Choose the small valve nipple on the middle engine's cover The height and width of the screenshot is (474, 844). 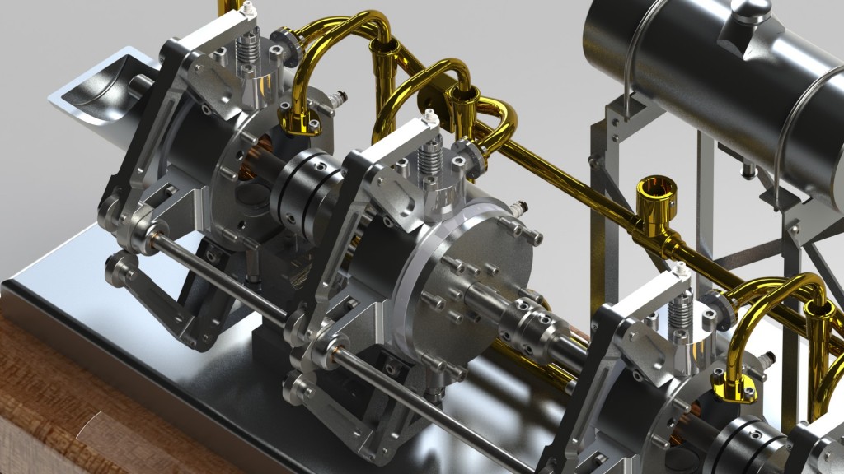[518, 207]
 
